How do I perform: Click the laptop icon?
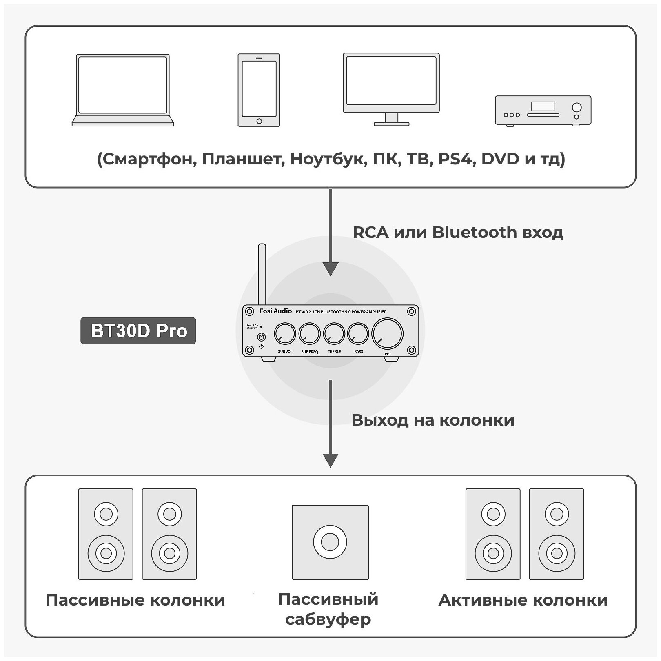pos(122,90)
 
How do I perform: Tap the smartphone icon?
pos(259,90)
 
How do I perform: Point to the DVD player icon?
pos(543,110)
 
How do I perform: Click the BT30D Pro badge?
pos(138,330)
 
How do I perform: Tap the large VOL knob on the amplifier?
pos(387,333)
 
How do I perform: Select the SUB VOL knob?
pos(285,334)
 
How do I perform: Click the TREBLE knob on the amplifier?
pos(334,334)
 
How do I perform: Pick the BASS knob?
pos(358,334)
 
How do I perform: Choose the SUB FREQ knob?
pos(309,334)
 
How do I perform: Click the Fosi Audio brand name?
pos(275,311)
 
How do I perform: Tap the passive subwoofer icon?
pos(330,542)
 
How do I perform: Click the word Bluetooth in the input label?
pos(475,232)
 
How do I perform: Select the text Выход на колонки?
pos(433,420)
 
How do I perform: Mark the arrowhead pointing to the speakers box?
pos(330,460)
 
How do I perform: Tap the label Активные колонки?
pos(523,600)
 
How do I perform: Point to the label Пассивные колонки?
pos(135,600)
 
